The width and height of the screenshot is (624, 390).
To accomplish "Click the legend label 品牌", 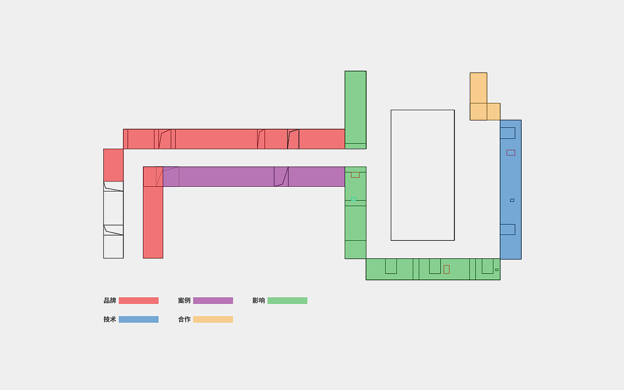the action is click(110, 301).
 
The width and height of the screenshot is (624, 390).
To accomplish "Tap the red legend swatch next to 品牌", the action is click(139, 301).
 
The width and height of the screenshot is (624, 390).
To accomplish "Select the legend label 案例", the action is click(184, 301).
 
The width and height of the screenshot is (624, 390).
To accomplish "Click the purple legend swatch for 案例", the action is click(213, 301).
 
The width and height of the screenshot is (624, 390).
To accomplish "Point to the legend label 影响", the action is click(258, 301).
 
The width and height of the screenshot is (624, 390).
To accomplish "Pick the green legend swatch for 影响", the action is click(288, 301).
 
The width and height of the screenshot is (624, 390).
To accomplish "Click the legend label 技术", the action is click(110, 319).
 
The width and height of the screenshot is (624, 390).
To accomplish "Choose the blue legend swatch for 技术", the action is click(139, 319).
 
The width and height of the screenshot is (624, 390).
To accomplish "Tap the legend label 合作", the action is click(184, 319).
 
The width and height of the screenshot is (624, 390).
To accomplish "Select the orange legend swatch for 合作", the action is click(213, 319).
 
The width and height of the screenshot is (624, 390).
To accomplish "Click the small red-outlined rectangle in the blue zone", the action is click(510, 153).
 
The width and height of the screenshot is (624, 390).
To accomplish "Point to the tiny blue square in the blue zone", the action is click(512, 200).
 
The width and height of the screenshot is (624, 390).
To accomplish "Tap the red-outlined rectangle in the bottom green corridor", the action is click(447, 270).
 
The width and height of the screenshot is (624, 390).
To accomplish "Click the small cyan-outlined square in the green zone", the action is click(353, 199).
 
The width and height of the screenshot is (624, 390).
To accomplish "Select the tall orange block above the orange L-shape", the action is click(479, 88).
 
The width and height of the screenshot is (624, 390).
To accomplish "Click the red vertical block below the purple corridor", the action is click(153, 222).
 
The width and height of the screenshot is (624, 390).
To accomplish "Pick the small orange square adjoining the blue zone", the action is click(494, 112).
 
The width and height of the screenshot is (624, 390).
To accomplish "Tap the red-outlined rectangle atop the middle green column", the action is click(355, 175).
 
